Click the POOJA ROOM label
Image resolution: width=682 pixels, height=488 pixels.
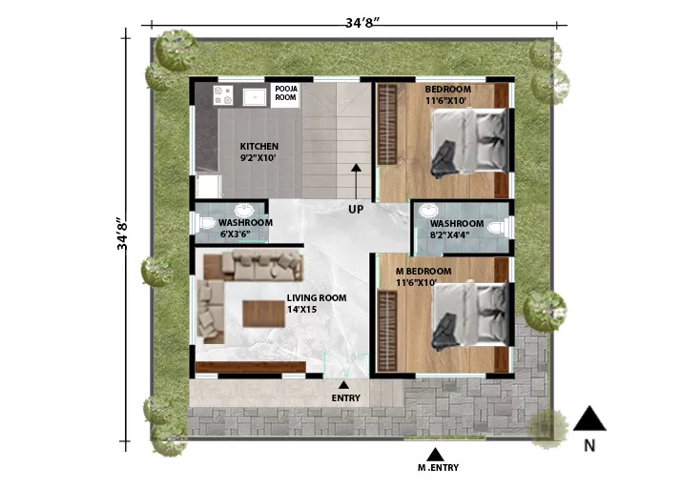286,93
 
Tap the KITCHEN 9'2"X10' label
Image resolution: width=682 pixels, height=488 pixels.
258,152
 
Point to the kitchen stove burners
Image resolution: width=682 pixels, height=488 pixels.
222,95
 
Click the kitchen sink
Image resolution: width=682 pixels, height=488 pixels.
255,97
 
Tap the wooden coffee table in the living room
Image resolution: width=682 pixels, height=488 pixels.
263,314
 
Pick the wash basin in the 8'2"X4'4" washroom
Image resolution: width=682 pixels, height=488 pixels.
429,211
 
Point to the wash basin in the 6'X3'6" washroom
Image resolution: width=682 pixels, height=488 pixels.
244,211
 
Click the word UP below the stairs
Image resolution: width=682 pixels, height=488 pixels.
356,210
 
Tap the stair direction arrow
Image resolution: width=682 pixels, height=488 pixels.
356,181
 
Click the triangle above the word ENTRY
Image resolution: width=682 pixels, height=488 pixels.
343,384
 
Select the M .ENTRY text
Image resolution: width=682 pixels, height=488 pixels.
438,468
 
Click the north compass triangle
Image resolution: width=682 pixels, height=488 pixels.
589,418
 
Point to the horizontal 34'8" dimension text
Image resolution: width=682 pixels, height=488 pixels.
362,23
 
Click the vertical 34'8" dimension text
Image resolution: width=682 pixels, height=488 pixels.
123,234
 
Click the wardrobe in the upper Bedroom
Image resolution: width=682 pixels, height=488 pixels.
387,125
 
